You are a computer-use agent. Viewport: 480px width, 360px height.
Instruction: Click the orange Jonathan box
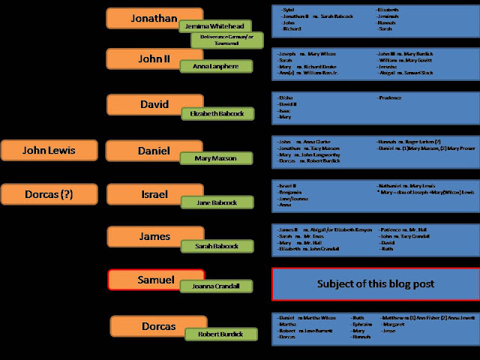142,16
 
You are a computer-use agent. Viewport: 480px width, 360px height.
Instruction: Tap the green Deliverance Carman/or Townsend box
227,40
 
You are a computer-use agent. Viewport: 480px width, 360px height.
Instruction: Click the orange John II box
142,58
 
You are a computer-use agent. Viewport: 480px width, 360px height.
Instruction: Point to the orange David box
143,105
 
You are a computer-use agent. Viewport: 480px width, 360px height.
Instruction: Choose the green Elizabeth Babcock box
217,114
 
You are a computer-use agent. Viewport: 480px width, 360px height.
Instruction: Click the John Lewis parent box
49,150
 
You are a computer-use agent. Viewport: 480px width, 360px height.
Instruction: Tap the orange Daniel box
142,150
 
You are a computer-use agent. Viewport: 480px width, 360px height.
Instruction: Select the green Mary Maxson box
215,158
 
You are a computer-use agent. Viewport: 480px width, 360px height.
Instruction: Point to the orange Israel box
142,194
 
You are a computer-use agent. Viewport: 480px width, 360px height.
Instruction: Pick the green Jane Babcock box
216,202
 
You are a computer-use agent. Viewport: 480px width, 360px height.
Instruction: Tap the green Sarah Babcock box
216,246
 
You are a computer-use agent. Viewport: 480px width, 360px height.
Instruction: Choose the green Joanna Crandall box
217,286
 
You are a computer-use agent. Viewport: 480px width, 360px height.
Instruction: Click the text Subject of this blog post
375,284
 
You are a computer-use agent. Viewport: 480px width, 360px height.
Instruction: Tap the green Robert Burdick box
221,334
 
